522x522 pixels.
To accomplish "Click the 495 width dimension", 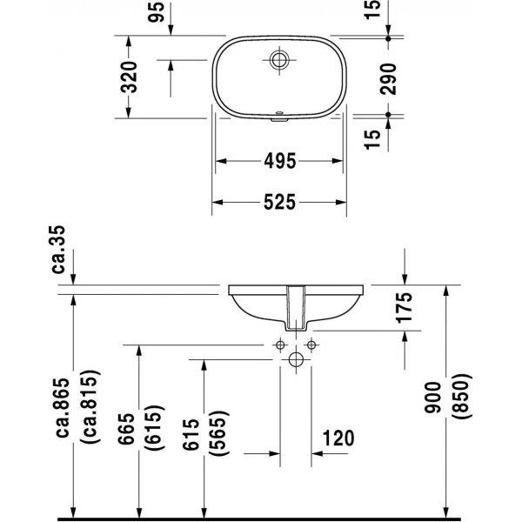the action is (279, 161).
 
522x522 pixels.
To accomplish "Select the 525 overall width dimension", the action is (279, 202).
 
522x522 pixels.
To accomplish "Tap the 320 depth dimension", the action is (129, 77).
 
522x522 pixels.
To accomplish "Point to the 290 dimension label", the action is (388, 79).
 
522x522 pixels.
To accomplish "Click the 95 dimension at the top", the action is (156, 12).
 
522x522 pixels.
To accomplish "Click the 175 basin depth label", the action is (404, 308).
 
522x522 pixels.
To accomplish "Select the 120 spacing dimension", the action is (338, 438).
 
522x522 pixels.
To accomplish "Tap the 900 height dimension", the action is (432, 398).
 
